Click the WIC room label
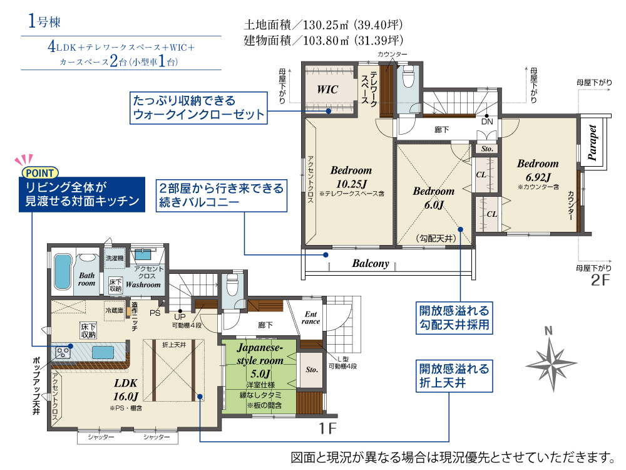(327, 89)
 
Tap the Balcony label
(371, 263)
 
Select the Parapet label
(592, 143)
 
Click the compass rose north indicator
(548, 330)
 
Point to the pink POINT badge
(40, 173)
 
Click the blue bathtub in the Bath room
(63, 271)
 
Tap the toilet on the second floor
(408, 76)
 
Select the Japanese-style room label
(260, 353)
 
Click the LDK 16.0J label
(126, 389)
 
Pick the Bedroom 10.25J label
(351, 177)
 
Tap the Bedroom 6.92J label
(538, 170)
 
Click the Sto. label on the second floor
(487, 149)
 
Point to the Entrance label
(310, 317)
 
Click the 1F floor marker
(328, 429)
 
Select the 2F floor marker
(600, 279)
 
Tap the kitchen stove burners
(63, 352)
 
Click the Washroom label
(143, 285)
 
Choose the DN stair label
(487, 122)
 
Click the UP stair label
(180, 316)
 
